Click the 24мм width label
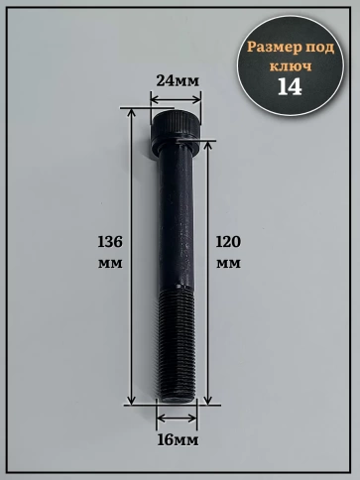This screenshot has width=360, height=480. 175,80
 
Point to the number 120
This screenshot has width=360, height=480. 228,241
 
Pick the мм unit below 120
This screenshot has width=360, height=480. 228,266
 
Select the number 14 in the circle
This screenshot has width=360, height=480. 291,86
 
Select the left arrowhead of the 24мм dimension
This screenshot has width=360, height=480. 152,97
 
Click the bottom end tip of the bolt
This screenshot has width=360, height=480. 177,401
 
